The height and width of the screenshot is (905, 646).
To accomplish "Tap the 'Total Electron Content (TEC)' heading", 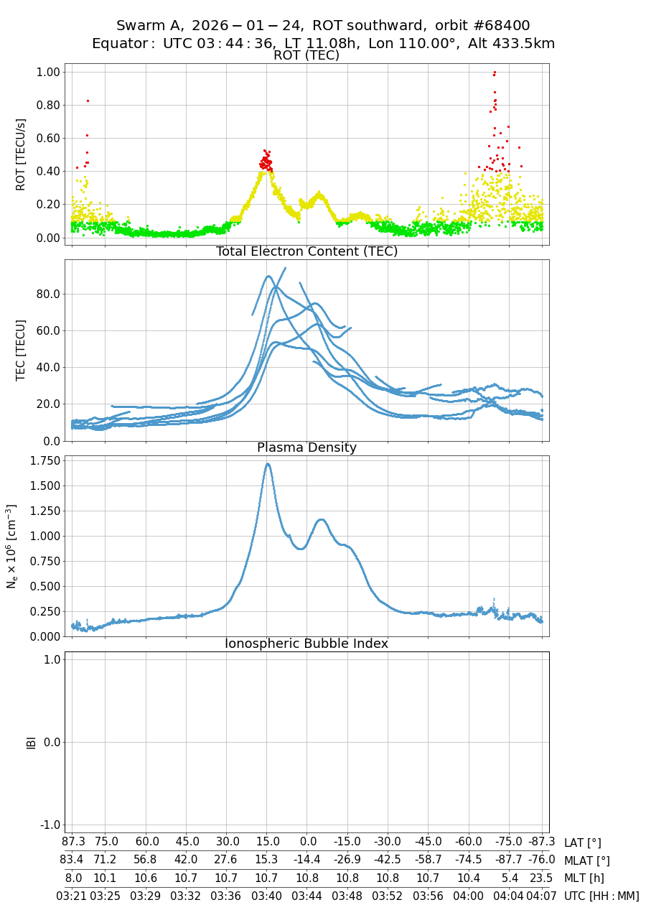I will pyautogui.click(x=306, y=251).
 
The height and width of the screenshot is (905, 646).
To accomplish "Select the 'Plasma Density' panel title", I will pyautogui.click(x=306, y=447).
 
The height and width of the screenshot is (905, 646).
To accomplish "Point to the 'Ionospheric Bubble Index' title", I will pyautogui.click(x=306, y=644).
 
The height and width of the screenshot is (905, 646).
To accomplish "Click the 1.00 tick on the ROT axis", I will pyautogui.click(x=48, y=72).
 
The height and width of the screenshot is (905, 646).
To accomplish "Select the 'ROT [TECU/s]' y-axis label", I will pyautogui.click(x=21, y=154).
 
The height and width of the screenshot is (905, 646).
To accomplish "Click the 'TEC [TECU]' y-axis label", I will pyautogui.click(x=21, y=350).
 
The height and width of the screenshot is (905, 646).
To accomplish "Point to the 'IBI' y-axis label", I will pyautogui.click(x=31, y=742).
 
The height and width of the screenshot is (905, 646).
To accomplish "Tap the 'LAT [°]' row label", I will pyautogui.click(x=582, y=843).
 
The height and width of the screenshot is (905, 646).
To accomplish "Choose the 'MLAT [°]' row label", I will pyautogui.click(x=586, y=860).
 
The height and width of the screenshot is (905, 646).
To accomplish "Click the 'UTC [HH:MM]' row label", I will pyautogui.click(x=601, y=896).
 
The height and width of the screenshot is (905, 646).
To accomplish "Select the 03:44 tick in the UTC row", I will pyautogui.click(x=307, y=896).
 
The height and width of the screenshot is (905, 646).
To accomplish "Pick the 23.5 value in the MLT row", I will pyautogui.click(x=541, y=878).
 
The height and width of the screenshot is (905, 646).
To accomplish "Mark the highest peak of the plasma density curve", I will pyautogui.click(x=267, y=463).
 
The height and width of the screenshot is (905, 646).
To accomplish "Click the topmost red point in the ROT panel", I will pyautogui.click(x=495, y=72).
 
